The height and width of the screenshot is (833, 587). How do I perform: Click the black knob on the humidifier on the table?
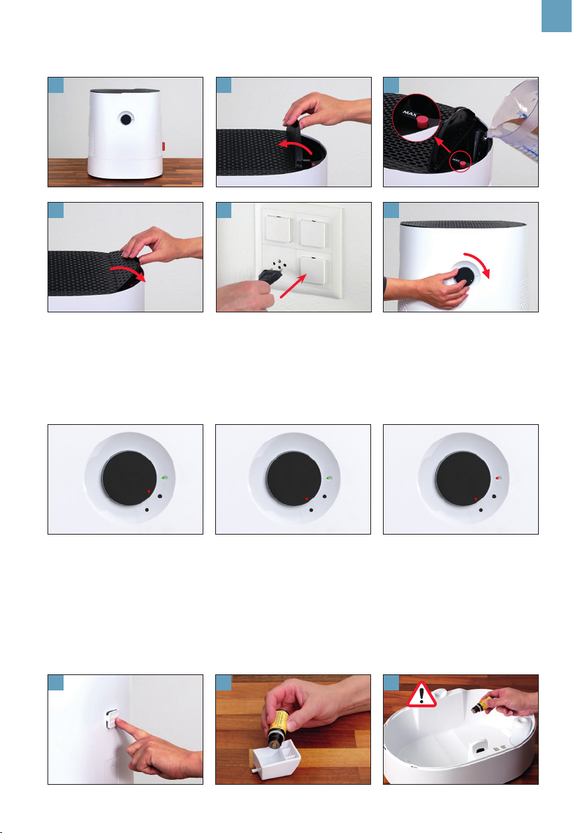[x=126, y=119]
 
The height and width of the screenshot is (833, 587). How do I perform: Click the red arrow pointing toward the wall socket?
[x=293, y=287]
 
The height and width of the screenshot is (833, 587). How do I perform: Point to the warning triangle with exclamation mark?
[x=421, y=695]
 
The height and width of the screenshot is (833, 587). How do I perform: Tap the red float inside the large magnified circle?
[x=422, y=121]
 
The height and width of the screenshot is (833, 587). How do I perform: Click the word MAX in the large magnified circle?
[x=409, y=113]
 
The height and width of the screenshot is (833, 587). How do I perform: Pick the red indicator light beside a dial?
[x=498, y=478]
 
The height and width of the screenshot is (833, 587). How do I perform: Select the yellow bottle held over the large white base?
[x=481, y=706]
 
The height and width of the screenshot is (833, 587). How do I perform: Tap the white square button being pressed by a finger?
[x=112, y=720]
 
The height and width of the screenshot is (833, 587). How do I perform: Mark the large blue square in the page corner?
[x=556, y=16]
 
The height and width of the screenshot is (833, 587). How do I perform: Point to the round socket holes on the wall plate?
[x=278, y=264]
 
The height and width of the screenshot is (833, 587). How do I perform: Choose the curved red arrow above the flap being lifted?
[x=296, y=145]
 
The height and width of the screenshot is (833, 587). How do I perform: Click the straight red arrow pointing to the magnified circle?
[x=442, y=145]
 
